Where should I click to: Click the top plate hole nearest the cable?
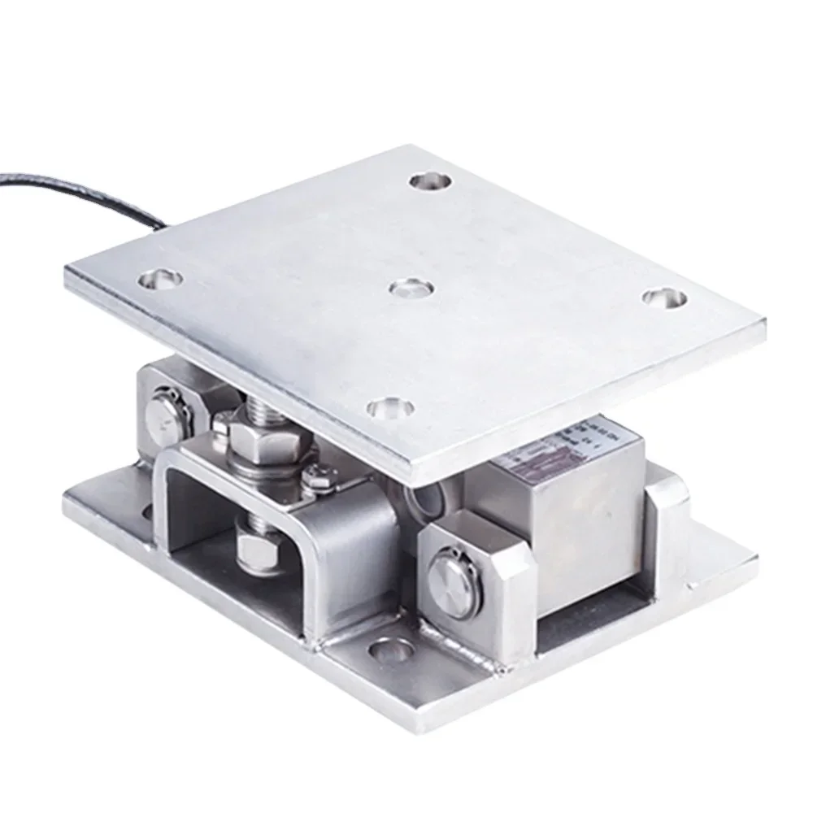159,280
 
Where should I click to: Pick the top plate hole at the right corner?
665,297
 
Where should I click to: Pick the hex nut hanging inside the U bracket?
259,546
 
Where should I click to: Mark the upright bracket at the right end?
667,528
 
